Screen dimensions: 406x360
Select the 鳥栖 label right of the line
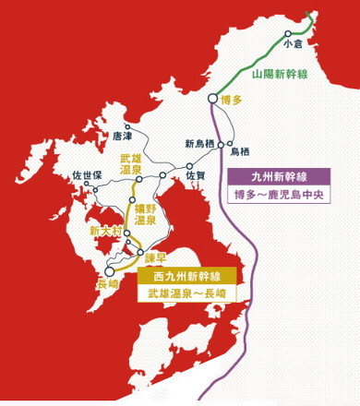[x=239, y=150]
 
